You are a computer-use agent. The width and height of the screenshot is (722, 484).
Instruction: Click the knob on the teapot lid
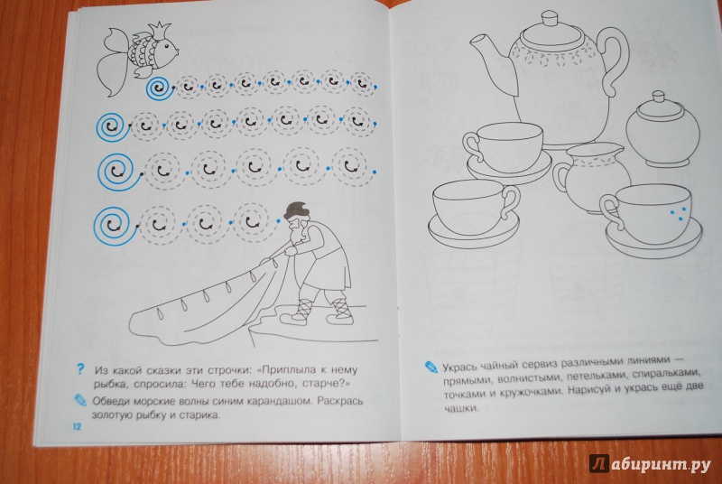(551, 19)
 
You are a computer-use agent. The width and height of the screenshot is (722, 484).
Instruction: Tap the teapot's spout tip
(472, 41)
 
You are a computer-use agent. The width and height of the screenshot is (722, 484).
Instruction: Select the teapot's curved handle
(614, 60)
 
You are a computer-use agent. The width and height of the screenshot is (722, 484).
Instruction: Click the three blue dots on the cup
(677, 212)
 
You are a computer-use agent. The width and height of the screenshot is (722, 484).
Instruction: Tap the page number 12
(77, 426)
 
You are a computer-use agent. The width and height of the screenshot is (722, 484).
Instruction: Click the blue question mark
(80, 369)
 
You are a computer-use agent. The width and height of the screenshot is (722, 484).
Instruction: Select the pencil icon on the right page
(431, 367)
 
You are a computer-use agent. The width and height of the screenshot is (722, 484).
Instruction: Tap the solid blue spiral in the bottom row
(116, 226)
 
